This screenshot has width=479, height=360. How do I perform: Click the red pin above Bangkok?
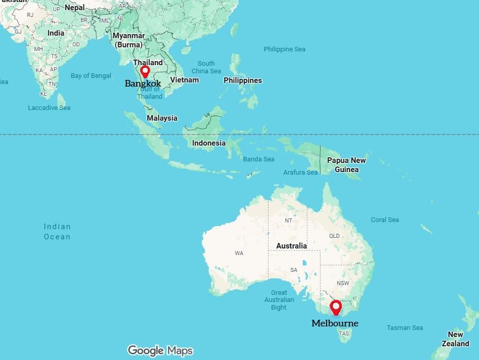point(145,71)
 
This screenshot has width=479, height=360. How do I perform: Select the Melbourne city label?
point(335,323)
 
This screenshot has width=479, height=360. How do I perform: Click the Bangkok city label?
point(143,84)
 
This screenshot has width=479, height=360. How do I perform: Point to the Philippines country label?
point(243,80)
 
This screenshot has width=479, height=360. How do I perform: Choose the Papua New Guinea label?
point(347,165)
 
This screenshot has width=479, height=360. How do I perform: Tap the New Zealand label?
point(455,339)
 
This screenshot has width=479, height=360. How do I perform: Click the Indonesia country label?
point(208,143)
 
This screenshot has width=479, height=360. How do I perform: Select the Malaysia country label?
point(162,118)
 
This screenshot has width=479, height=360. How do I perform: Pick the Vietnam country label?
point(184,80)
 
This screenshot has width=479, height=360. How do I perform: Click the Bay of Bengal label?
point(91,76)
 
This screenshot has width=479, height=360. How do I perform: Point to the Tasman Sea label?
point(405,327)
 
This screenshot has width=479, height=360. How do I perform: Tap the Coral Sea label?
point(385,220)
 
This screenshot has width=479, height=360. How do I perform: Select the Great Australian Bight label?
point(279,300)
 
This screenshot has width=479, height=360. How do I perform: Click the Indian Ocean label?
point(57,232)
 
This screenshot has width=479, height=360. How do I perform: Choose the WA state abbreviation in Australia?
point(239,253)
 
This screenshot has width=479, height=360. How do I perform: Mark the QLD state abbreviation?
point(334,236)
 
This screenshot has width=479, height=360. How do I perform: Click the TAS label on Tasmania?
point(344,334)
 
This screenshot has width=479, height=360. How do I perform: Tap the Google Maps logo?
point(160,350)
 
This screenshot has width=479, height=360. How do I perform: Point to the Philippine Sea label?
point(284,49)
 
